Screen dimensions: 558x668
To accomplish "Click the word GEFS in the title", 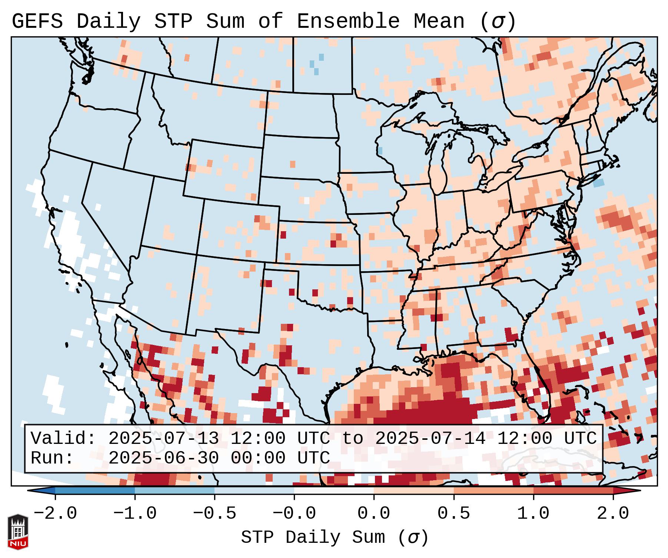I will [x=37, y=21].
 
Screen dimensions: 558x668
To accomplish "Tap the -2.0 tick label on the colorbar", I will [x=55, y=514].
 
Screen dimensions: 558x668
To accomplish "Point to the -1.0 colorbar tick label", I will [x=135, y=514].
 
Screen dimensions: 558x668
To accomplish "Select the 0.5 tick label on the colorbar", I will [x=453, y=514].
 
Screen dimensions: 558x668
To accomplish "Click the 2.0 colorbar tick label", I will [x=613, y=514].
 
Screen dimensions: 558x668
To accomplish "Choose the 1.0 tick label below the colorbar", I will [x=533, y=514].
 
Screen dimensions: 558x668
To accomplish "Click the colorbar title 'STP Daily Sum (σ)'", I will [x=334, y=538].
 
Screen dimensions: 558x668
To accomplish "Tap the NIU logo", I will [x=18, y=532].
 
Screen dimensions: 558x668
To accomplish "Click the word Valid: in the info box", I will [x=63, y=439].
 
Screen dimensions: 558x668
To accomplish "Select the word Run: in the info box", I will [x=52, y=458].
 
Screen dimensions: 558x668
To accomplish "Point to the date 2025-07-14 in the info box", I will [x=430, y=439].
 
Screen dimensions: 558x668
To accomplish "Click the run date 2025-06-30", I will [x=163, y=458].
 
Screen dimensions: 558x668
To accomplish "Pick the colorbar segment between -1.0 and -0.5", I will [x=175, y=491].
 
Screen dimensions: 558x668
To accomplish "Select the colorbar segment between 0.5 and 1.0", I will [x=493, y=491].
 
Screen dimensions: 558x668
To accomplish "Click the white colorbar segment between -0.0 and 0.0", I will [x=334, y=491].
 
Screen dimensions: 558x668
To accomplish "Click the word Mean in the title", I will [x=439, y=21].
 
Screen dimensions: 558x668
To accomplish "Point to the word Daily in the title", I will [x=108, y=21].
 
